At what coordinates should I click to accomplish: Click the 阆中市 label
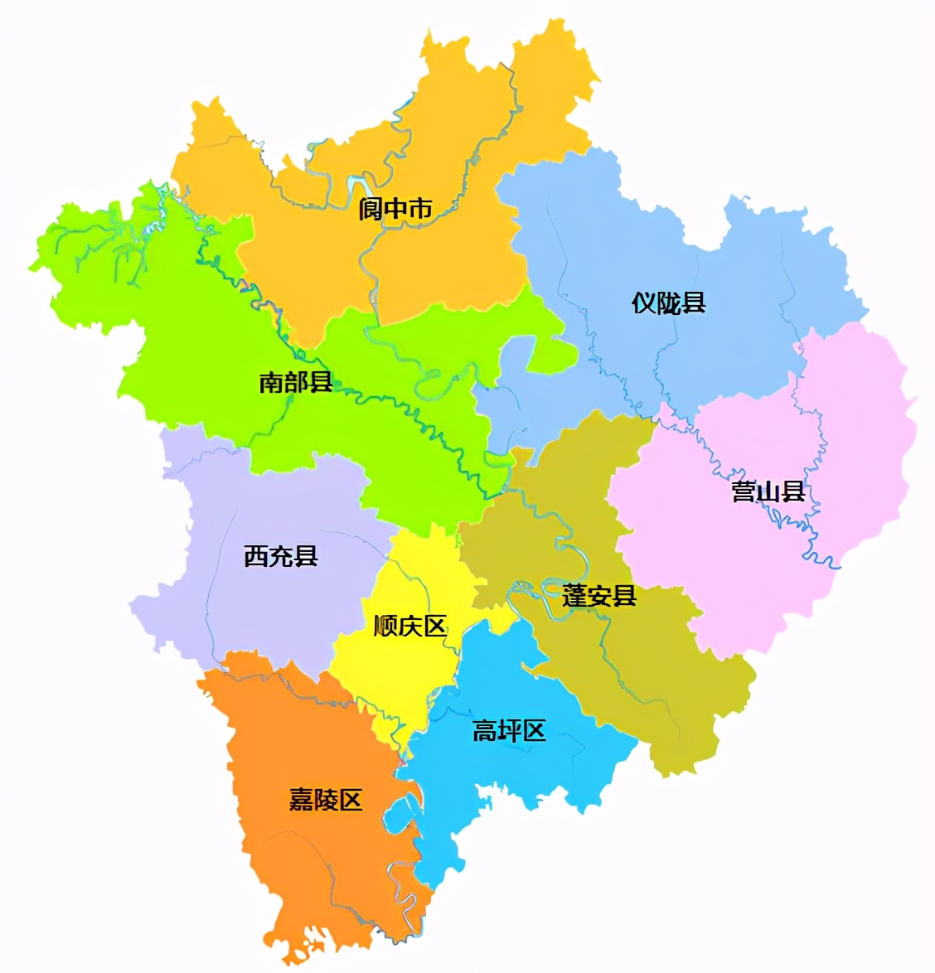pos(395,209)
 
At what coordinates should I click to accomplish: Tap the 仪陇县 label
pos(668,303)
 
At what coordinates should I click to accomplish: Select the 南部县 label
pos(296,382)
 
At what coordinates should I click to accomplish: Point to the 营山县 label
pos(768,491)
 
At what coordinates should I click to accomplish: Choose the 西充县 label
pos(281,555)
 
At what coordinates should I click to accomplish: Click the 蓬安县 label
pos(599,595)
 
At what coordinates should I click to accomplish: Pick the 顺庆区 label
pos(410,626)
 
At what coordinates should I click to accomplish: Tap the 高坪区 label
pos(509,730)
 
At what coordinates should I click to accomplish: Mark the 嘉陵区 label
pos(326,800)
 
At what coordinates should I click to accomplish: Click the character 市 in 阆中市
pos(420,209)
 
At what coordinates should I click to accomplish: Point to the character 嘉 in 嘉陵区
pos(301,800)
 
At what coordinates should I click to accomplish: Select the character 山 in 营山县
pos(768,491)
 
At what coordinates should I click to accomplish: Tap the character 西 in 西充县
pos(256,555)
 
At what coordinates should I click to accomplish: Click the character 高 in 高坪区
pos(484,730)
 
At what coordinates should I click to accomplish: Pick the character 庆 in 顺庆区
pos(410,626)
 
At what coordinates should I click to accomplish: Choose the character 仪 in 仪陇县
pos(644,303)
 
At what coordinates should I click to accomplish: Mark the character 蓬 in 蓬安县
pos(574,595)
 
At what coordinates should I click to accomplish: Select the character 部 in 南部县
pos(296,382)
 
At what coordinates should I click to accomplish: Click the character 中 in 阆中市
pos(395,209)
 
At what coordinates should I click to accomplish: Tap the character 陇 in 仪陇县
pos(668,303)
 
